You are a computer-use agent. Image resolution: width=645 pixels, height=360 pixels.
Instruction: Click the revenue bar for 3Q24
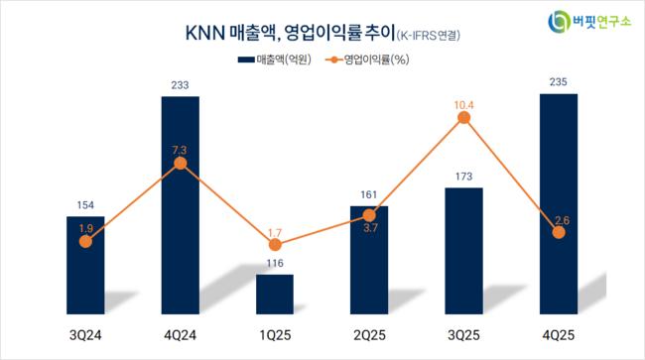pyautogui.click(x=85, y=265)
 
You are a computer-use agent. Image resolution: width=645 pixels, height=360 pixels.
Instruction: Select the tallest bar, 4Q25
pyautogui.click(x=559, y=204)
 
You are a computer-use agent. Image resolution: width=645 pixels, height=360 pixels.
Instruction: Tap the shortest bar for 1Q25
pyautogui.click(x=275, y=295)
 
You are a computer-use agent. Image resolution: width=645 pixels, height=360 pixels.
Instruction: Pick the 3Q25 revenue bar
pyautogui.click(x=464, y=251)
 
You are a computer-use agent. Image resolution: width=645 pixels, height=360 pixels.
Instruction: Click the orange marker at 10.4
pyautogui.click(x=464, y=118)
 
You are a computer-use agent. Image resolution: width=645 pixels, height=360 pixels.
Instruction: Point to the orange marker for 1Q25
pyautogui.click(x=275, y=245)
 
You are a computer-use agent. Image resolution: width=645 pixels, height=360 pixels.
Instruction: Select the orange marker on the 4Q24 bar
pyautogui.click(x=181, y=164)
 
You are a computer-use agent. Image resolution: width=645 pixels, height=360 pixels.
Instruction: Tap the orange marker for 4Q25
pyautogui.click(x=559, y=233)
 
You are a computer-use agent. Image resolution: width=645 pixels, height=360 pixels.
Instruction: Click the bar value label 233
pyautogui.click(x=181, y=85)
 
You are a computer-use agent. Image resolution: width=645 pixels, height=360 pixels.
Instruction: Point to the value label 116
pyautogui.click(x=275, y=263)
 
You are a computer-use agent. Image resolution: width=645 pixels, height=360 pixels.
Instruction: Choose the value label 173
pyautogui.click(x=464, y=177)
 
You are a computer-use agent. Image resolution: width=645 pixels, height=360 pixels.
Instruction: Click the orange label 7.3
pyautogui.click(x=180, y=150)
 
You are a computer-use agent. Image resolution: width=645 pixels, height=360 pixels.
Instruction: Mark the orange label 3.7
pyautogui.click(x=370, y=228)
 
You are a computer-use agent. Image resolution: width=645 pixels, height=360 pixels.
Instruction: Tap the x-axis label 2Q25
pyautogui.click(x=369, y=335)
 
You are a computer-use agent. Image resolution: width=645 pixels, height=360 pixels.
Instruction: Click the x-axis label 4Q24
pyautogui.click(x=181, y=335)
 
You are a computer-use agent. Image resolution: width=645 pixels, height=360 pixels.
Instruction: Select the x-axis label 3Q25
pyautogui.click(x=464, y=335)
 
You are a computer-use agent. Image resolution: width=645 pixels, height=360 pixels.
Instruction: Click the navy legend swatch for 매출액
pyautogui.click(x=246, y=60)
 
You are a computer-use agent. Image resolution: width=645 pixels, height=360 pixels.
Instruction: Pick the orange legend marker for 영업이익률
pyautogui.click(x=334, y=60)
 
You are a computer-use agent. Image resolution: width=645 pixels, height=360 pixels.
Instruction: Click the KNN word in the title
pyautogui.click(x=204, y=34)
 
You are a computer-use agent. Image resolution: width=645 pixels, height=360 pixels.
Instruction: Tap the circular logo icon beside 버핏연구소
pyautogui.click(x=559, y=22)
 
